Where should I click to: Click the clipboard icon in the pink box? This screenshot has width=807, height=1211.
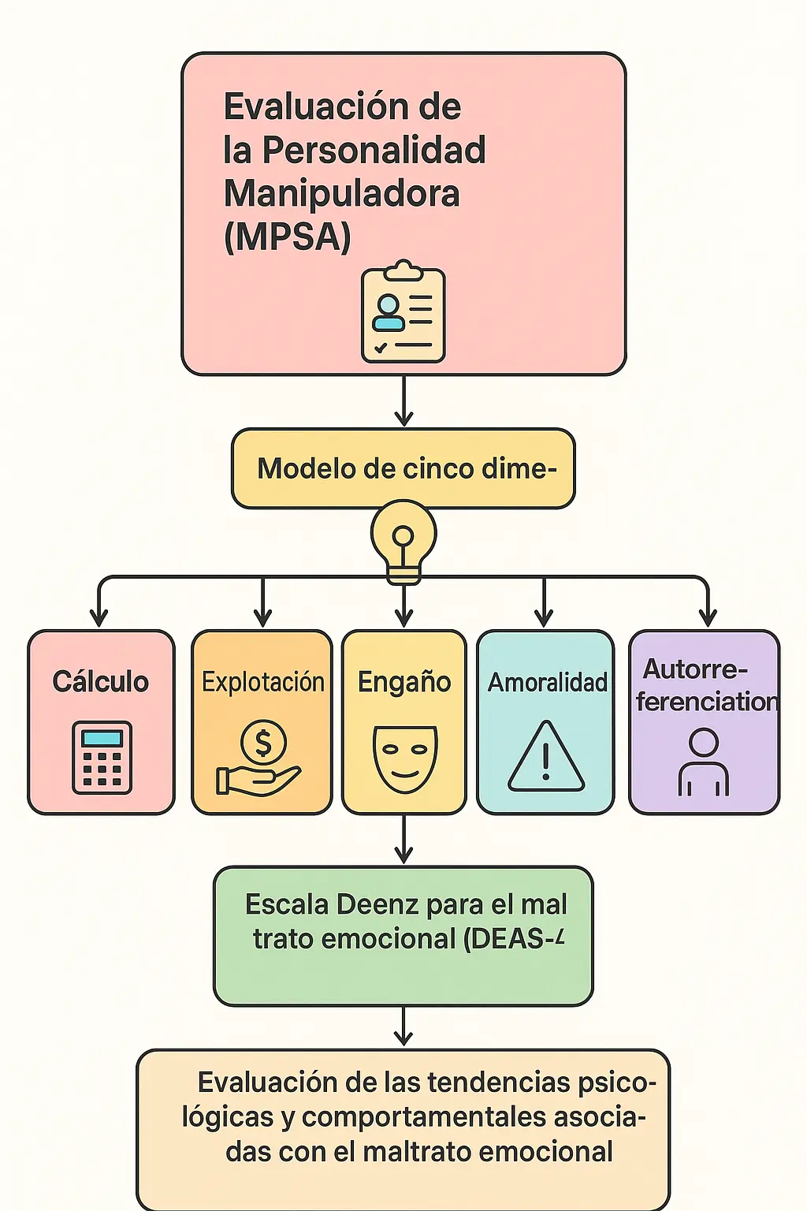click(x=403, y=313)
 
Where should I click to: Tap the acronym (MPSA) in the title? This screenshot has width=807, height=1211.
click(x=287, y=237)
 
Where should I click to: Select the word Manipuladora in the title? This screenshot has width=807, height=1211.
click(x=341, y=194)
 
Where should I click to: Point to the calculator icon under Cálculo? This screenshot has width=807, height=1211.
click(x=102, y=758)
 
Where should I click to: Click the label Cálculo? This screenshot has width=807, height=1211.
click(x=100, y=682)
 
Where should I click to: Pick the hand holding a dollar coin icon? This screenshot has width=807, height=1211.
click(x=261, y=759)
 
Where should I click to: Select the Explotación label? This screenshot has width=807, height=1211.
click(x=262, y=682)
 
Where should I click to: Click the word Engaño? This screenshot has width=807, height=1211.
click(x=404, y=682)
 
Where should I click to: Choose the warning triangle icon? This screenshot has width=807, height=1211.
click(x=545, y=758)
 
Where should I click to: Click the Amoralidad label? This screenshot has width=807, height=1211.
click(x=547, y=683)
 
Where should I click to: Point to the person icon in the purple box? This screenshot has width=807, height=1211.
click(x=703, y=762)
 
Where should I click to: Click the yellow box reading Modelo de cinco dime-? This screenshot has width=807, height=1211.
click(x=403, y=469)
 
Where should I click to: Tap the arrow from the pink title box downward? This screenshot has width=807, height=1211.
click(x=403, y=402)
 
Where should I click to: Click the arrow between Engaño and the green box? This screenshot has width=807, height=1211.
click(x=403, y=840)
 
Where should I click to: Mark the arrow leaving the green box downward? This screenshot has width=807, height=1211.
click(x=403, y=1027)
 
